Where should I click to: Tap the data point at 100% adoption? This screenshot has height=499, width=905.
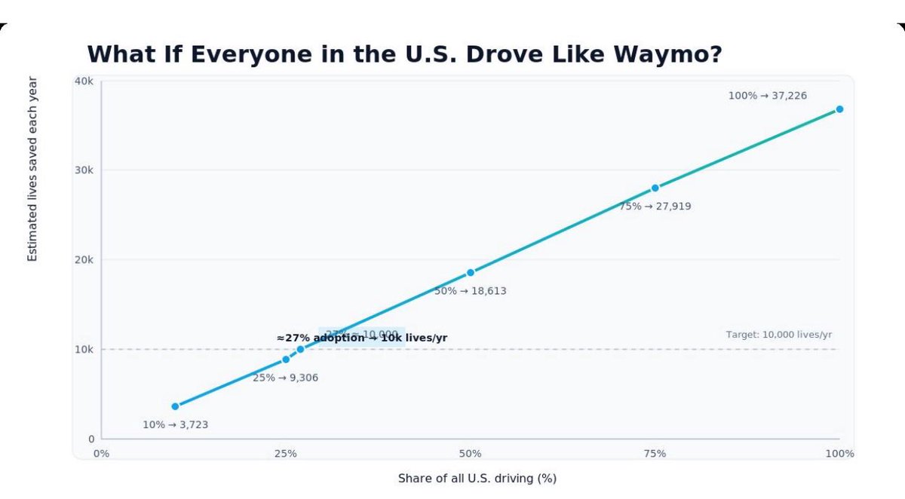pos(839,109)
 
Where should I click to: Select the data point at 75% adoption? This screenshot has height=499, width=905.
pos(655,188)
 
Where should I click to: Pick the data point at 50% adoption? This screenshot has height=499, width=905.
pos(471,272)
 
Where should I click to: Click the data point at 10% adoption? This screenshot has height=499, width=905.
pos(175,406)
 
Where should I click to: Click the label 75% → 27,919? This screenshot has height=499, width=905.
pos(655,206)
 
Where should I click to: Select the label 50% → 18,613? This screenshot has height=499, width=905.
pos(471,291)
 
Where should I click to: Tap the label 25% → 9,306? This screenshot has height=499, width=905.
pos(285,378)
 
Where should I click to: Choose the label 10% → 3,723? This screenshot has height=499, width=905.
pos(175,425)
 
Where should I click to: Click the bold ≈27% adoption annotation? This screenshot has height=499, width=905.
pos(361,338)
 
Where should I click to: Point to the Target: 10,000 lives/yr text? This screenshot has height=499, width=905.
pos(778,335)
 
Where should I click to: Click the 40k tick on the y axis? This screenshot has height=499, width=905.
pos(84,81)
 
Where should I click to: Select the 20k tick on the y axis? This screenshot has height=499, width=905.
pos(84,259)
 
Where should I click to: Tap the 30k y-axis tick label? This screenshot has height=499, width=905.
pos(84,170)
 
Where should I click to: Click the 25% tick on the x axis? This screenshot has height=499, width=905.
pos(285,454)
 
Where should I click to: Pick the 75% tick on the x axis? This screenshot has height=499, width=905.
pos(655,454)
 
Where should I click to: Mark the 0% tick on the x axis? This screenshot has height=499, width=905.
pos(101,454)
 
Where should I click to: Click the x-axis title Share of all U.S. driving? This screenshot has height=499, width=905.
pos(477,479)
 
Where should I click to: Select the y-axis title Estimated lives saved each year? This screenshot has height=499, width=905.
pos(32,170)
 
